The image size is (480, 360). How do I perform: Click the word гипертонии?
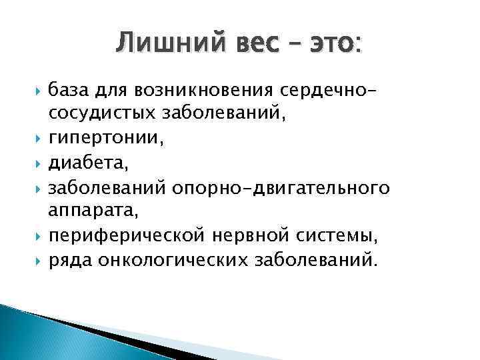98,139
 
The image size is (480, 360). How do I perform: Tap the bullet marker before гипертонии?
36,138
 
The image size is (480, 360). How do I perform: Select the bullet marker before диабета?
36,163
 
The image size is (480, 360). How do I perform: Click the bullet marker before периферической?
36,236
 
